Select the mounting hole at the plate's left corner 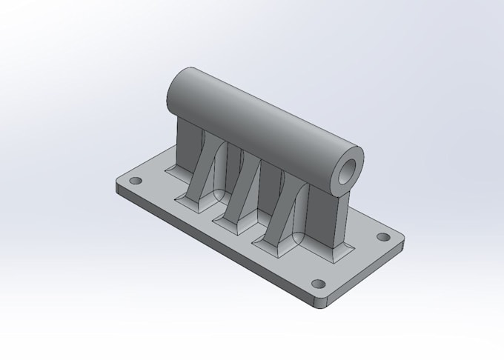tap(135, 180)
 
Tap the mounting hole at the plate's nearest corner tap(318, 283)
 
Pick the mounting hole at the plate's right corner tap(383, 237)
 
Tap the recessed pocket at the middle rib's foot tap(227, 220)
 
